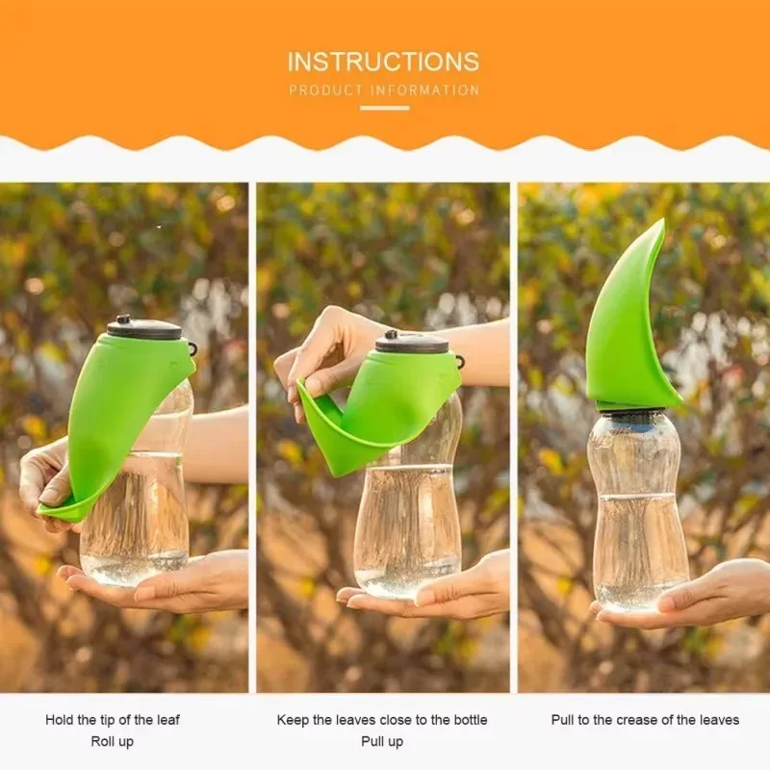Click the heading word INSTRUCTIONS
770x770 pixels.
click(x=383, y=63)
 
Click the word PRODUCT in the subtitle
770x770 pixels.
click(x=328, y=90)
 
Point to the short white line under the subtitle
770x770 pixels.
click(x=384, y=108)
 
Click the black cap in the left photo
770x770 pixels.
click(x=144, y=328)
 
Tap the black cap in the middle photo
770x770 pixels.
click(x=412, y=342)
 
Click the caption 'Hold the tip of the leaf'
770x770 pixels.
click(x=113, y=720)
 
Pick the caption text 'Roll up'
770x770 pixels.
click(x=113, y=741)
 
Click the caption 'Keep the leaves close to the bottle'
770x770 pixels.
click(x=382, y=720)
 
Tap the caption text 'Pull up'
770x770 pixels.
click(x=382, y=741)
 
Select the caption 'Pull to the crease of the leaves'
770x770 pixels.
click(x=645, y=720)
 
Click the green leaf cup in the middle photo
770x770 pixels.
click(x=385, y=404)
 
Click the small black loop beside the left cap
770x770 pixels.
click(x=192, y=348)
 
